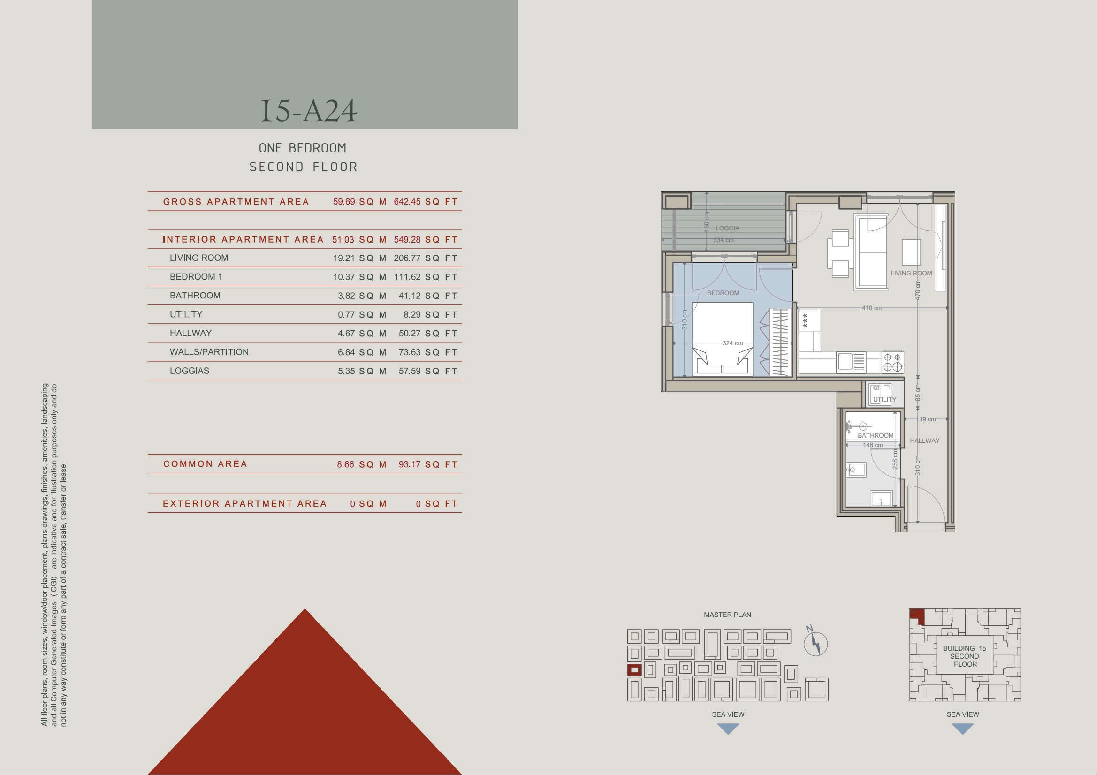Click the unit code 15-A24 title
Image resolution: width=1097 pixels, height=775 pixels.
coord(308,111)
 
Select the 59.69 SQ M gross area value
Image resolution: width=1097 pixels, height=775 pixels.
coord(360,202)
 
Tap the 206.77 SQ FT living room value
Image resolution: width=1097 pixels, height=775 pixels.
coord(426,258)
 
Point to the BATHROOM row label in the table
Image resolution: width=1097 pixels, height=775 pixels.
coord(195,295)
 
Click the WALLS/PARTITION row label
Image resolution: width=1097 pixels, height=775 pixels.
coord(209,352)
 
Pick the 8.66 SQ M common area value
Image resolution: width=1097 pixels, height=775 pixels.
coord(362,464)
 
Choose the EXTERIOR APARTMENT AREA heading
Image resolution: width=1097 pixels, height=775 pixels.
coord(244,503)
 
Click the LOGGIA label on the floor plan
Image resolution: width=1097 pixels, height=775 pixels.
coord(727,228)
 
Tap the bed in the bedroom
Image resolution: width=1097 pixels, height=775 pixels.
coord(723,339)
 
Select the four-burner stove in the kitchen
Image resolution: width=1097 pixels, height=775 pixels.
coord(892,362)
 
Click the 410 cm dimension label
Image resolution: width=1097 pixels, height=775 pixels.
coord(872,308)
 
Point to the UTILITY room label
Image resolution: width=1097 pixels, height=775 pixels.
coord(885,399)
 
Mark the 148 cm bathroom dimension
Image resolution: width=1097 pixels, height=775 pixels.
coord(873,445)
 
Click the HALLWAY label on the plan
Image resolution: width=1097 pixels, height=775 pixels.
coord(924,441)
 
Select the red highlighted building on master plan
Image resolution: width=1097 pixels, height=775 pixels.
coord(634,670)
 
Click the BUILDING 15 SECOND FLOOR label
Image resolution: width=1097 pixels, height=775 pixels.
coord(965,656)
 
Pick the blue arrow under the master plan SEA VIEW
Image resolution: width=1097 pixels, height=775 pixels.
coord(728,729)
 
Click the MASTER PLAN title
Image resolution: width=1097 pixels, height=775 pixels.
coord(727,615)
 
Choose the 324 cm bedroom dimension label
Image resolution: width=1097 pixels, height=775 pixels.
coord(732,343)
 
